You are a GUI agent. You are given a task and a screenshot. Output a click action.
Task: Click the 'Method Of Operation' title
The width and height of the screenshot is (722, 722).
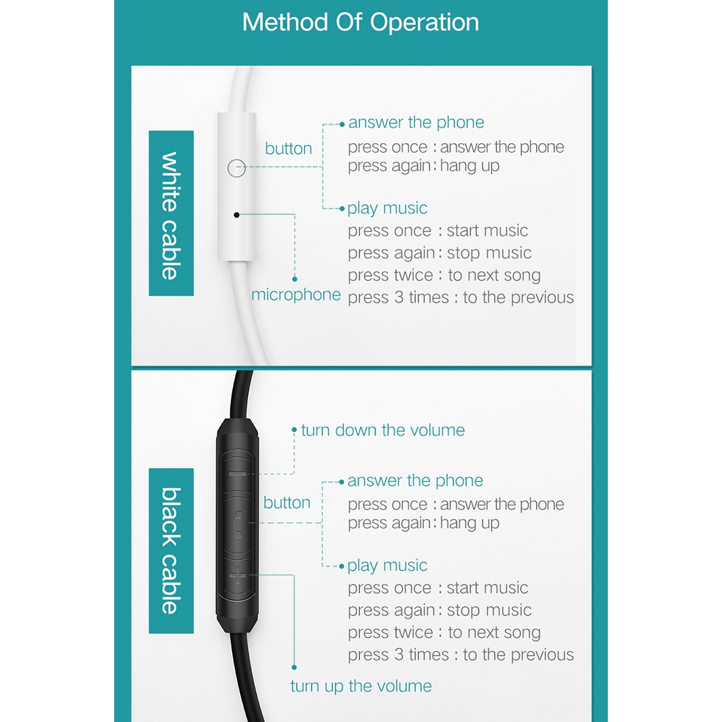360,22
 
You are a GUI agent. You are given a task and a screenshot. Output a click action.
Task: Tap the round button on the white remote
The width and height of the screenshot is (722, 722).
237,168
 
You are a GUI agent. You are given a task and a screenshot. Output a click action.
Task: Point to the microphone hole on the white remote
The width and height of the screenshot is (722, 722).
237,215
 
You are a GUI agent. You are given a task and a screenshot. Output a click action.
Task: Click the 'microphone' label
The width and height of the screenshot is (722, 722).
296,295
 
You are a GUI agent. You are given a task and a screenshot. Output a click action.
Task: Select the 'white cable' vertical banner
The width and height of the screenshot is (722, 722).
171,213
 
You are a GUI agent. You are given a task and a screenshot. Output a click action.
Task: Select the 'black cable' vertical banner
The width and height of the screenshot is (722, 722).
171,551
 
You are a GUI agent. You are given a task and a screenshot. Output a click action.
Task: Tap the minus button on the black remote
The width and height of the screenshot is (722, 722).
237,474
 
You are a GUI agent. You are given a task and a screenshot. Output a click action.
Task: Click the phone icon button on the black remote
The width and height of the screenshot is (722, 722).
238,524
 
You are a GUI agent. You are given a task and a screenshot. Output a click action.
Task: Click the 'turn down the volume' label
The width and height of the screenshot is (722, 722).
383,430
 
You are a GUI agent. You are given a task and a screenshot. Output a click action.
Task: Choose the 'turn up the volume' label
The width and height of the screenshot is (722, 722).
361,686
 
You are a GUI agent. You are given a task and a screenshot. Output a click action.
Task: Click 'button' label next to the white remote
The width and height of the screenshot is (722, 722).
288,148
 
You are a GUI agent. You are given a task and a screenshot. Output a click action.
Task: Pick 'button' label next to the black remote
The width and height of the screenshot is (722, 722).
287,502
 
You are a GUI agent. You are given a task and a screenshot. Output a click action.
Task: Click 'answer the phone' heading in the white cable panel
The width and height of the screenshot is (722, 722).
416,123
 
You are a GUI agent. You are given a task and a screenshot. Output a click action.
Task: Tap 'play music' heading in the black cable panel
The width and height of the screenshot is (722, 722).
387,565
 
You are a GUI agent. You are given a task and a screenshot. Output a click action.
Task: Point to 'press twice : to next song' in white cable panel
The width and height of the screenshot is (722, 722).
444,276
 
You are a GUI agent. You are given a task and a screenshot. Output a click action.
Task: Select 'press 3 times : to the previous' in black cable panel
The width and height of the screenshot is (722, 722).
461,655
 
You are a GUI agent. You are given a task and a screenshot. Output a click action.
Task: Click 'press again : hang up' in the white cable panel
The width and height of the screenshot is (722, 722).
423,166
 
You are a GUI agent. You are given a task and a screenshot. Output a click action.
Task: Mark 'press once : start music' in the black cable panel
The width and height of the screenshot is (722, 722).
438,588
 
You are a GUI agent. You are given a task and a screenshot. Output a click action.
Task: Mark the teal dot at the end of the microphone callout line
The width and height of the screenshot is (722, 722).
295,279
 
